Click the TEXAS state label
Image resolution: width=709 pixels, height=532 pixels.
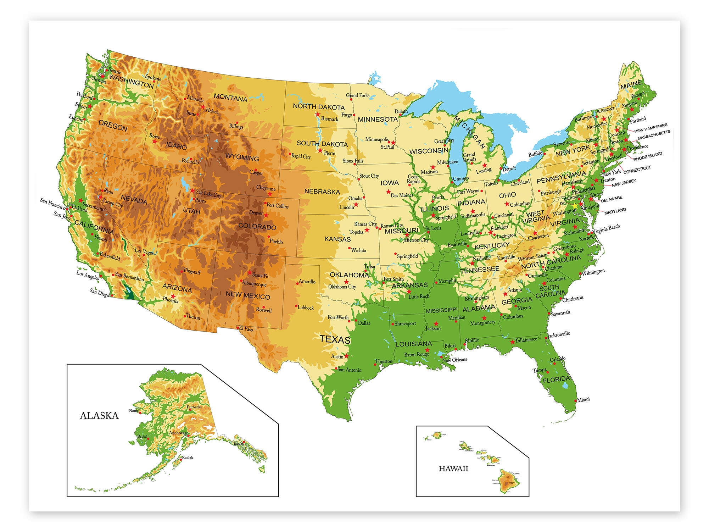click(335, 339)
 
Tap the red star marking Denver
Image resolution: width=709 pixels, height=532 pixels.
click(266, 215)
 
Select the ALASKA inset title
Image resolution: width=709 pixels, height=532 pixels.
click(99, 416)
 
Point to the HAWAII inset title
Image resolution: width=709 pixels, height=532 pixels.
click(453, 469)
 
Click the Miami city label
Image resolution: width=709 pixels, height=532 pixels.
click(583, 399)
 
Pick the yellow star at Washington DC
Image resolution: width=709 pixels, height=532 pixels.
click(575, 206)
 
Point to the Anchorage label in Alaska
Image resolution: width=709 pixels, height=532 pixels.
click(178, 433)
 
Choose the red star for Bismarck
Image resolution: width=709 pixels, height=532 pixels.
click(318, 114)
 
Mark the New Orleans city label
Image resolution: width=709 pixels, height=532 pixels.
click(454, 360)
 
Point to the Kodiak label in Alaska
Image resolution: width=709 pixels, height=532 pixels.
click(188, 458)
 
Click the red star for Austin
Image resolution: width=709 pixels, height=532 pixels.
click(346, 356)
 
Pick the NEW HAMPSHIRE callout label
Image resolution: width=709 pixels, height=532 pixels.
click(651, 128)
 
